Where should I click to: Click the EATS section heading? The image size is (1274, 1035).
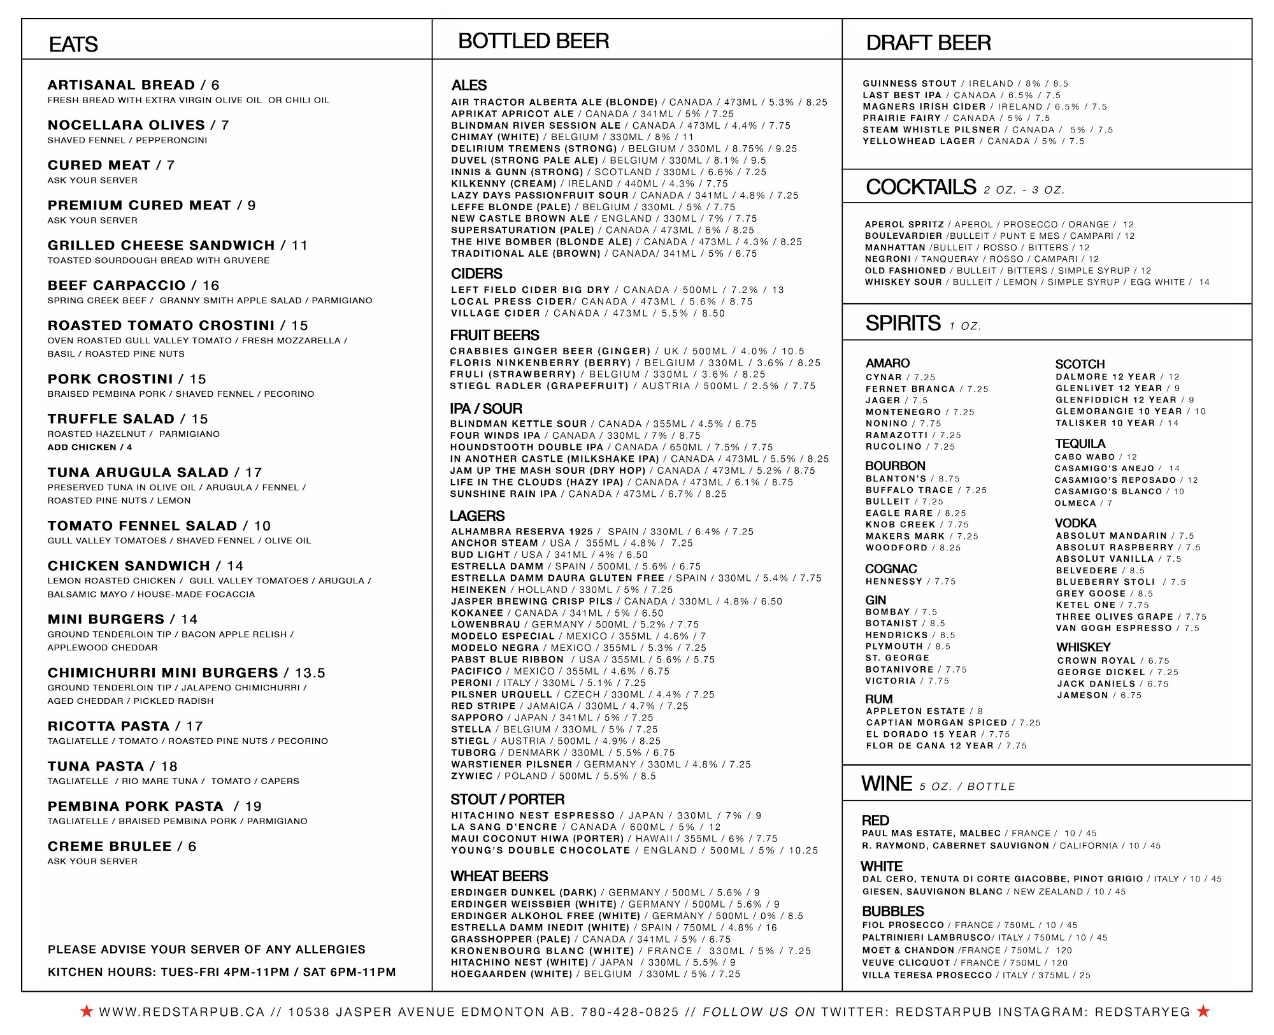pos(73,45)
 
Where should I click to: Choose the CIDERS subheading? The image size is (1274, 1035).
pos(476,274)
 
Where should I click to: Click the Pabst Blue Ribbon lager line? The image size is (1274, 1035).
pos(582,660)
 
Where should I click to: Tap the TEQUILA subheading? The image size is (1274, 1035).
pos(1080,443)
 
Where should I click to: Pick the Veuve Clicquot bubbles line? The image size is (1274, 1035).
pos(964,963)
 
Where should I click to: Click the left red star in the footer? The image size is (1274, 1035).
pos(87,1011)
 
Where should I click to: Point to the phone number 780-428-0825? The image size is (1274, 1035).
pos(629,1012)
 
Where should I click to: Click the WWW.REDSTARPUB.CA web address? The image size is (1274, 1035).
pos(182,1012)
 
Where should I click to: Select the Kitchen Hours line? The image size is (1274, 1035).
pos(222,973)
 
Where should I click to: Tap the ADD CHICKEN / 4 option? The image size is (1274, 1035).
pos(90,447)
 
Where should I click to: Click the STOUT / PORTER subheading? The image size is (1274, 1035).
pos(507,799)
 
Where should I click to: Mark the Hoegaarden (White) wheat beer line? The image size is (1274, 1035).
pos(595,974)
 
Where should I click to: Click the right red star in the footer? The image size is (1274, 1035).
pos(1203,1011)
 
